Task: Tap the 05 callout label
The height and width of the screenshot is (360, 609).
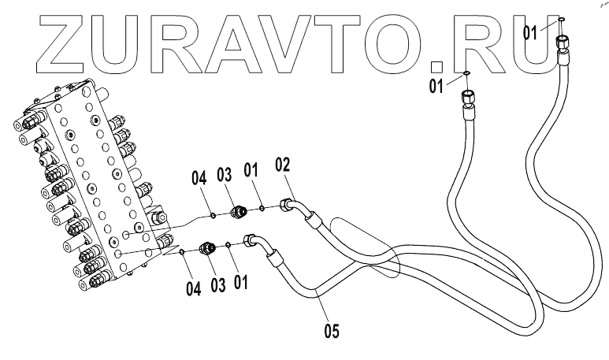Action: click(332, 331)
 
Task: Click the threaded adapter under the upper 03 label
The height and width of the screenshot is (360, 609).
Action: click(235, 211)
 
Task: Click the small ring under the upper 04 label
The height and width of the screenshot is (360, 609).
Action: click(214, 213)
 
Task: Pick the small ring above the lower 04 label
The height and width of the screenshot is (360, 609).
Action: click(182, 252)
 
